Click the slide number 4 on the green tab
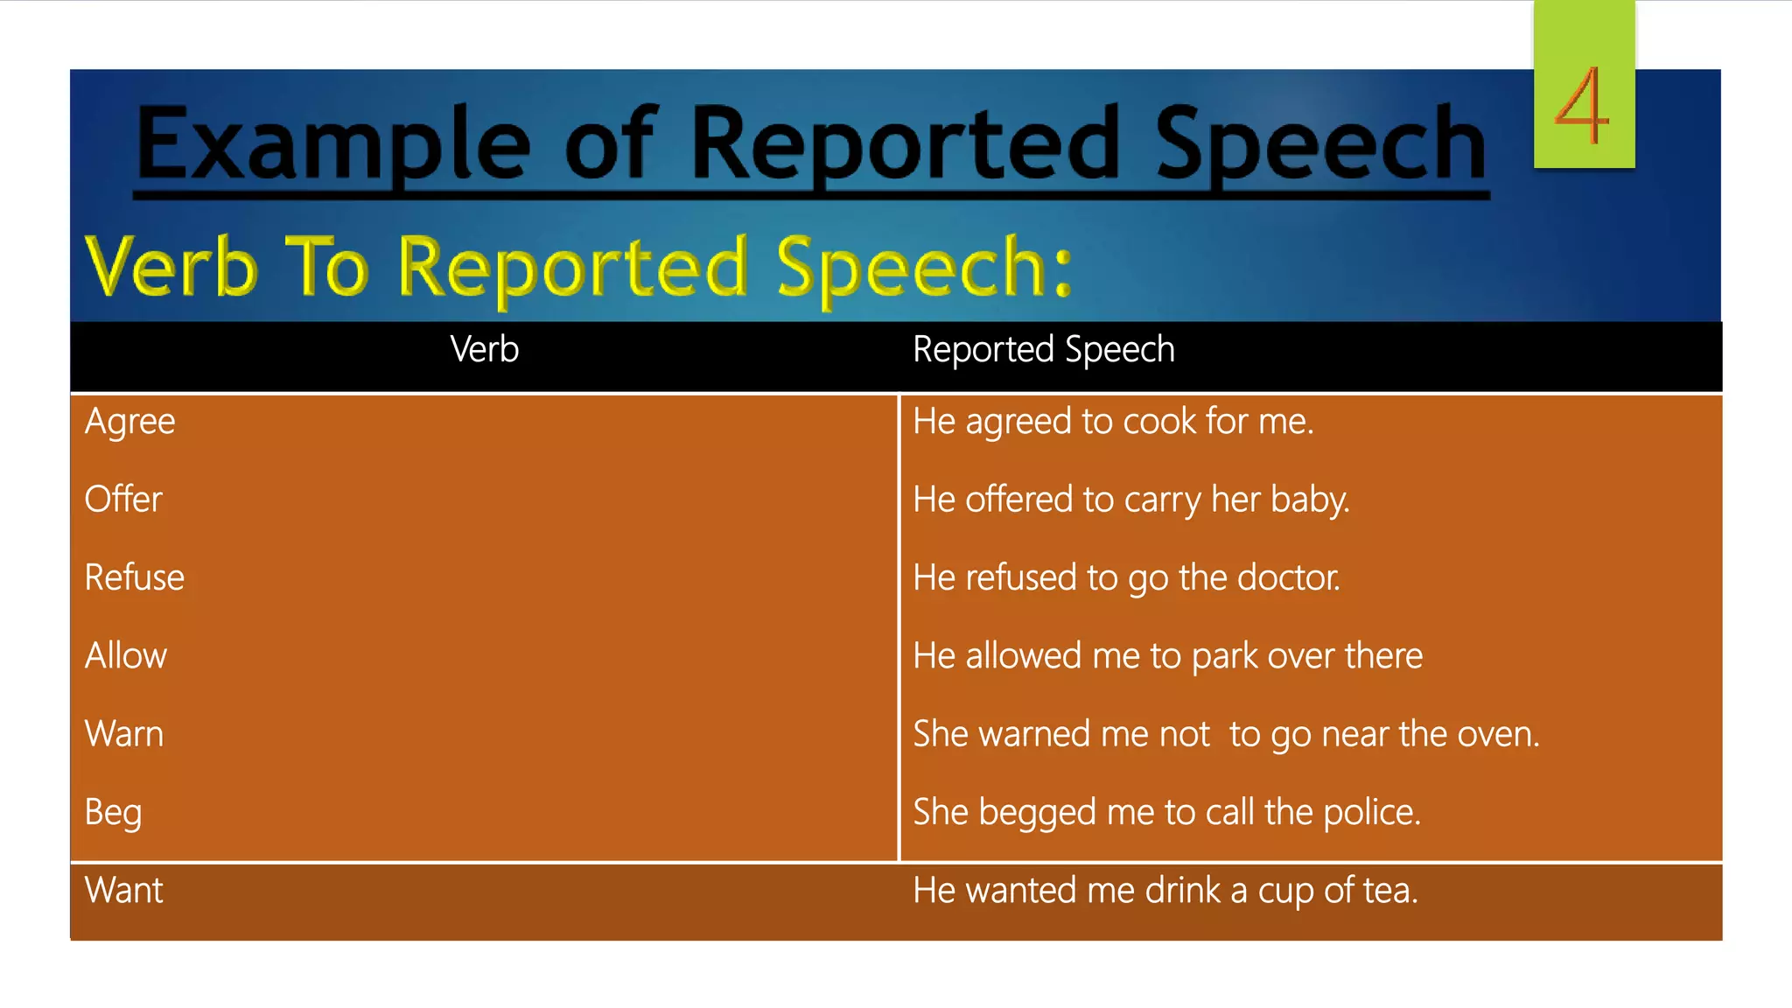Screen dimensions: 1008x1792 point(1582,107)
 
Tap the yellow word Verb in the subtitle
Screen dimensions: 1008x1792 point(171,267)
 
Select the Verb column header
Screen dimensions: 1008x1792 point(484,349)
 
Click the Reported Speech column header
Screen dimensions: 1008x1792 point(1043,349)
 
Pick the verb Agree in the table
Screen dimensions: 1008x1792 point(129,422)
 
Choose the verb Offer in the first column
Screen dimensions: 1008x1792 point(123,500)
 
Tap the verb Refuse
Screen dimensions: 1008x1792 point(134,577)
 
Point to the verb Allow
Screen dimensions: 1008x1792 point(125,655)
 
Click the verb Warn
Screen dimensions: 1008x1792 point(123,734)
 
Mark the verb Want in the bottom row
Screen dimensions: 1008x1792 point(123,891)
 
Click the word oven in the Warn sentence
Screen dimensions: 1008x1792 point(1497,734)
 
